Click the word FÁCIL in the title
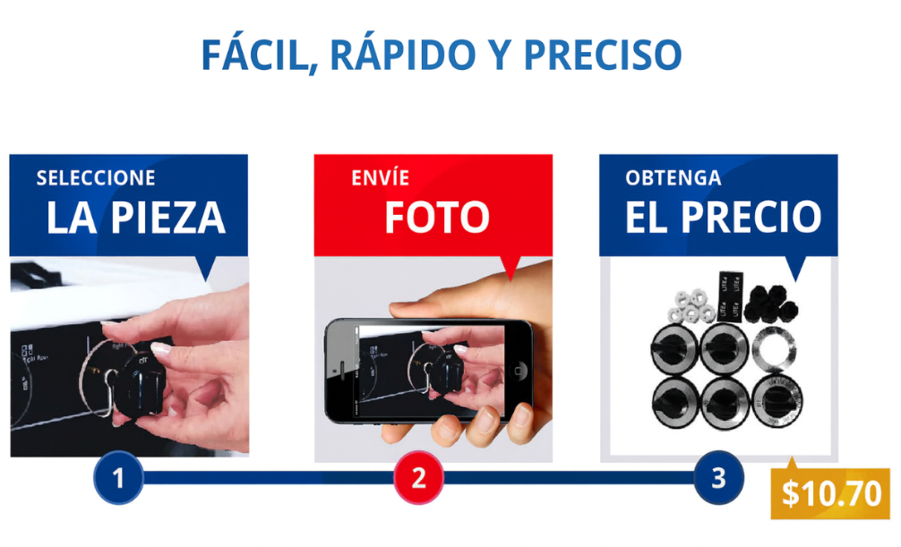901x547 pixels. (260, 56)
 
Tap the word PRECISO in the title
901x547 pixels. (603, 56)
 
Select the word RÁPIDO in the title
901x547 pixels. (403, 55)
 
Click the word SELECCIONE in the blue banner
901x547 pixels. (96, 178)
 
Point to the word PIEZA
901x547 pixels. (167, 218)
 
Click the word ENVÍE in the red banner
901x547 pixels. (381, 177)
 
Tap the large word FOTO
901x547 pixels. (437, 218)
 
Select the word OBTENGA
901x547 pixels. (674, 178)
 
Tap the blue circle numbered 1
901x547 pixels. (118, 478)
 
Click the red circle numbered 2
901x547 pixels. (418, 478)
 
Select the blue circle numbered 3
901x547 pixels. (718, 478)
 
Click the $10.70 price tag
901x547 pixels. (830, 493)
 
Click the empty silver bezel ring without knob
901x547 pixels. (774, 349)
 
